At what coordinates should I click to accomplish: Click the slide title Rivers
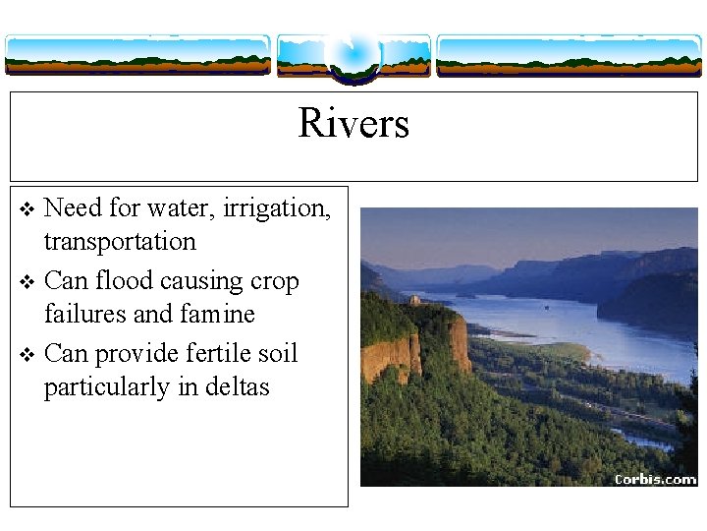353,124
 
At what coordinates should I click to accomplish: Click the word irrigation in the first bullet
277,208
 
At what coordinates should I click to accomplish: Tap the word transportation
120,242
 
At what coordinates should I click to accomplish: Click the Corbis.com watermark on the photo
655,479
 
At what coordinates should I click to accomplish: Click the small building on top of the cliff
415,300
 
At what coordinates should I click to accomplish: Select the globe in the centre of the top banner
353,52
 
